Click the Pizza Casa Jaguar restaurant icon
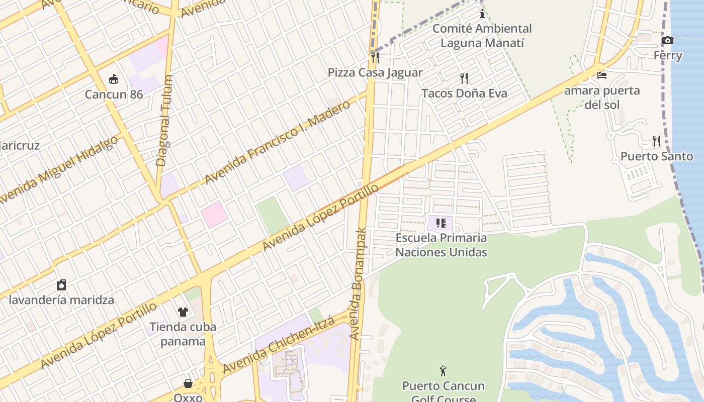[x=375, y=57]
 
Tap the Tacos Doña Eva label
[x=464, y=93]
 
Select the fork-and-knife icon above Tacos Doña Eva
[x=464, y=78]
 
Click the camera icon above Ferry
[x=667, y=41]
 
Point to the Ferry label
[x=667, y=55]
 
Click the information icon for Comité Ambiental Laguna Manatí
[x=482, y=14]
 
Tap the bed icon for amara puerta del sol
[x=602, y=75]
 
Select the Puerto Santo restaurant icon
[x=656, y=141]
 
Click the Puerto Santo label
[x=656, y=156]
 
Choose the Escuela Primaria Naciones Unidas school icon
[x=441, y=223]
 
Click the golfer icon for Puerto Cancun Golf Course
[x=443, y=371]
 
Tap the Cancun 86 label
[x=114, y=94]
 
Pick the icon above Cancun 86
[x=114, y=79]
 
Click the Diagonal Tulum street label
[x=164, y=121]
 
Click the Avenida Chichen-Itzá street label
[x=279, y=344]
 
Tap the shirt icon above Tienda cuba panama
[x=183, y=312]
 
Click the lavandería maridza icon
[x=61, y=285]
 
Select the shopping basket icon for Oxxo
[x=188, y=384]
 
